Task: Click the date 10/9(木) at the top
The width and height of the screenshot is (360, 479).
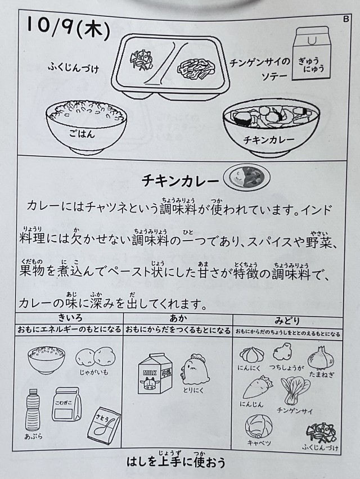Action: point(68,28)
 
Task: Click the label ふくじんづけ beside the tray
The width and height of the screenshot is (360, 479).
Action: point(73,68)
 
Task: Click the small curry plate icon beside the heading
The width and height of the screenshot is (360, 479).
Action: point(247,178)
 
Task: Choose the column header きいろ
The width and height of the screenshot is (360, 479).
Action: point(70,319)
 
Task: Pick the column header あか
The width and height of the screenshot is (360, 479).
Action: point(178,319)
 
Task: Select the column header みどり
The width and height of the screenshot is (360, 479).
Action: point(287,321)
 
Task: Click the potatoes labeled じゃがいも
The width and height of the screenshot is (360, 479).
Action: point(96,357)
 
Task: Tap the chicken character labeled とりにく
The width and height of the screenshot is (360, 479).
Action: point(195,369)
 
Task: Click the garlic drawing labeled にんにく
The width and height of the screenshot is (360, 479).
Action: point(250,355)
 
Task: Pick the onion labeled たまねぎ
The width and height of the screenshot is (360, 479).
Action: point(321,358)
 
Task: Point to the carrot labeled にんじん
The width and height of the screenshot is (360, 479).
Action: point(258,388)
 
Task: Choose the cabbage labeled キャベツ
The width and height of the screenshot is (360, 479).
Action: point(259,426)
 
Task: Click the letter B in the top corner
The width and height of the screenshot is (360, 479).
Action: point(346,19)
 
